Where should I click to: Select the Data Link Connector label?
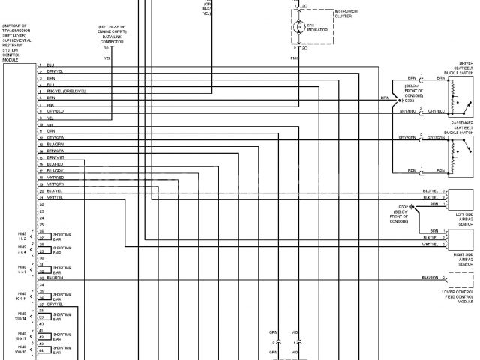pyautogui.click(x=112, y=37)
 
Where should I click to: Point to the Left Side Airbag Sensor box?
pyautogui.click(x=459, y=199)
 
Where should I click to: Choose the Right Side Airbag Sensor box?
pyautogui.click(x=459, y=238)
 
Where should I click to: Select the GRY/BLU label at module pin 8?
pyautogui.click(x=55, y=111)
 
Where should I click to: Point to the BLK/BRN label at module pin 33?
pyautogui.click(x=55, y=277)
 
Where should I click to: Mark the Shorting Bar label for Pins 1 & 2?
pyautogui.click(x=62, y=237)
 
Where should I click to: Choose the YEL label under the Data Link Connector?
pyautogui.click(x=106, y=58)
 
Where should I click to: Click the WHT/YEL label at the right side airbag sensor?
pyautogui.click(x=430, y=244)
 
